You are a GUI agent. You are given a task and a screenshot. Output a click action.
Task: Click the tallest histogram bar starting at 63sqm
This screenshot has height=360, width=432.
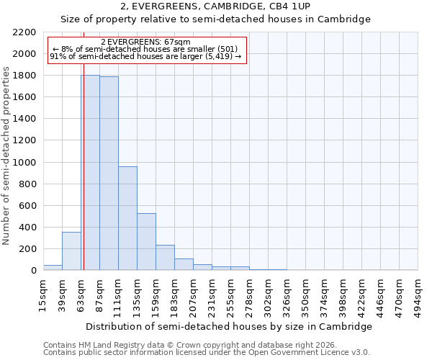coord(90,173)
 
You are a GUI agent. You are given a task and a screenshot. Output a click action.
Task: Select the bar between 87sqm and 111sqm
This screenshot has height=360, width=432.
coord(109,174)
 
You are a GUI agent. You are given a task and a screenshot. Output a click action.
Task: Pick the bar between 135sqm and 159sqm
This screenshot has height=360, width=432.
coord(146,242)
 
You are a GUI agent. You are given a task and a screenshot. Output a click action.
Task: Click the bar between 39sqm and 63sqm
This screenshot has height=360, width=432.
coord(71,251)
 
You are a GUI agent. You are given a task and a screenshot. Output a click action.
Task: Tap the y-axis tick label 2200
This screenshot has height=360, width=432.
coord(24,32)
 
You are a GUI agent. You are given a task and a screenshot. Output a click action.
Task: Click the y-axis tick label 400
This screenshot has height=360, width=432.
coord(27,228)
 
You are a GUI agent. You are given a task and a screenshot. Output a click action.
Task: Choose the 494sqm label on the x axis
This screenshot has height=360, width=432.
coord(418,294)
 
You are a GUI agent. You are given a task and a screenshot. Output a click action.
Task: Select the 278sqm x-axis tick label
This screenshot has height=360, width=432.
coord(249,294)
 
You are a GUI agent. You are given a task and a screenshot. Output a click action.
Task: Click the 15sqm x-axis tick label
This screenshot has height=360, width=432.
coord(43,293)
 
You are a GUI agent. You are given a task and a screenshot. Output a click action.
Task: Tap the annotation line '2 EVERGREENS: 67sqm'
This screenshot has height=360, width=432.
coord(146,42)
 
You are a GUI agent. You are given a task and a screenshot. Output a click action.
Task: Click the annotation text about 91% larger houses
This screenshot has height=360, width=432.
coord(146,56)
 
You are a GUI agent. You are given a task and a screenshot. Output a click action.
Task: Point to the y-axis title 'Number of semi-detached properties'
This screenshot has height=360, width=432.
coord(6,156)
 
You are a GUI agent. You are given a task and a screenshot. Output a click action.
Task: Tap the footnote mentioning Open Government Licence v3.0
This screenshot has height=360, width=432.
coord(206,353)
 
